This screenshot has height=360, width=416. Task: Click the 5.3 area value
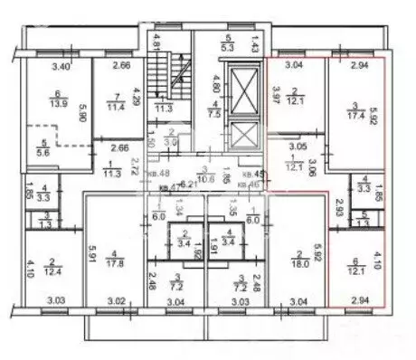tap(228, 46)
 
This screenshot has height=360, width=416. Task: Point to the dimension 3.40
tap(61, 65)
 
